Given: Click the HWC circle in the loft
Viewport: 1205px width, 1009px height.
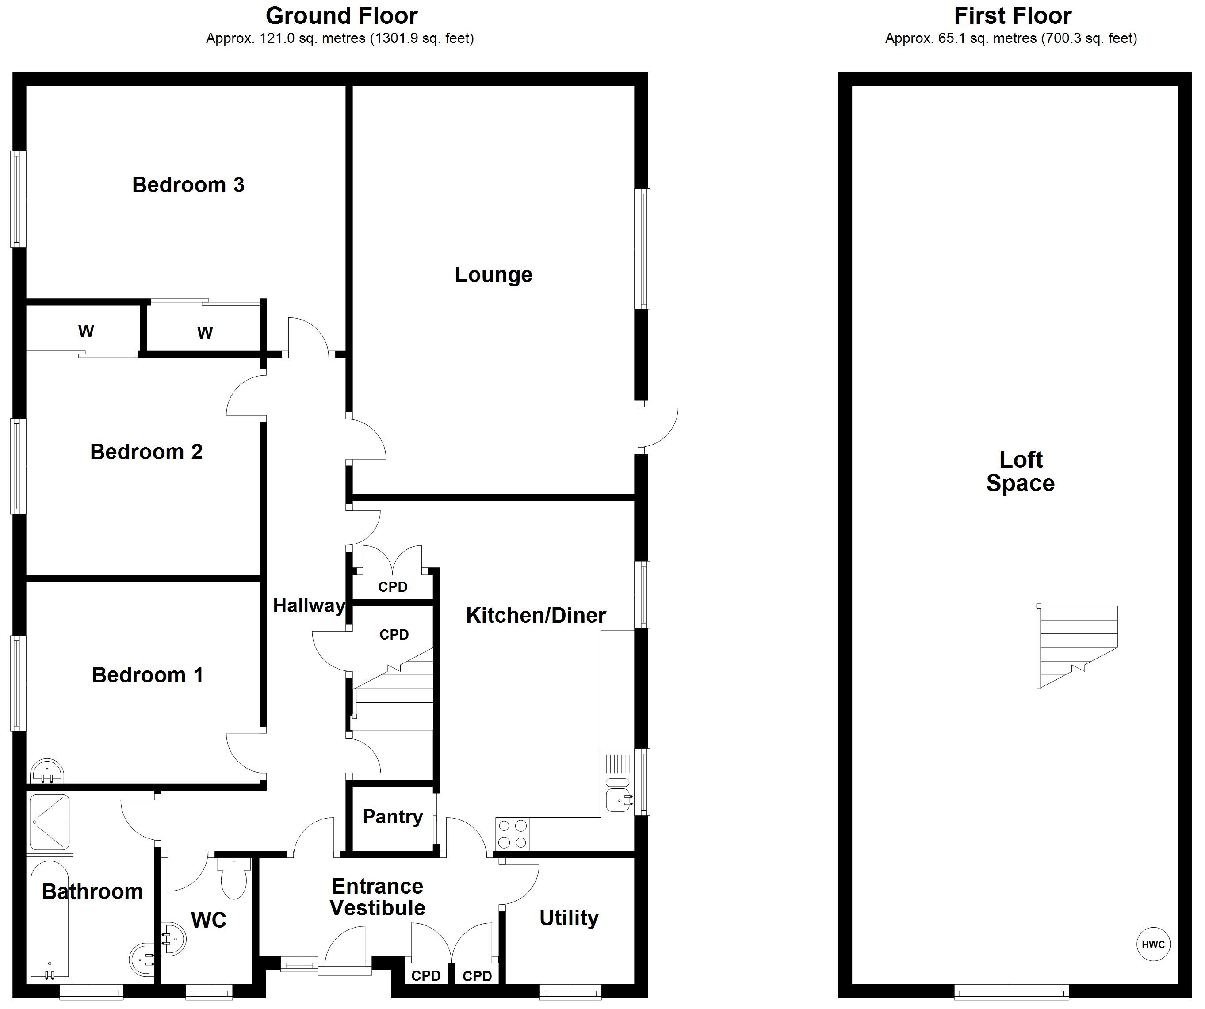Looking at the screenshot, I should coord(1153,944).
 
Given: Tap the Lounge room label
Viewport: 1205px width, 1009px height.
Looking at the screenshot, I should coord(493,275).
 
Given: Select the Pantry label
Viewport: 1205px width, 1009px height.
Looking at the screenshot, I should coord(393,816).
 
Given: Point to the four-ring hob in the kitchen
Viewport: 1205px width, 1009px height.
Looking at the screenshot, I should coord(513,834).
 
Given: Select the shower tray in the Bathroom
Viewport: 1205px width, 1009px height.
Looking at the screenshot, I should coord(50,822).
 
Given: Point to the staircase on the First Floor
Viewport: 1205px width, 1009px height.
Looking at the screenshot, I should coord(1077,647).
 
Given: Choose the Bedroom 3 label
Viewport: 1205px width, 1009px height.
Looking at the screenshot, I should coord(188,185).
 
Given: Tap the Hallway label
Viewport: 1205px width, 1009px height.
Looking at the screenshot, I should coord(309,605).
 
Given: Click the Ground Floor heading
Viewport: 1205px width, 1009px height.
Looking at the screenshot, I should coord(341,16).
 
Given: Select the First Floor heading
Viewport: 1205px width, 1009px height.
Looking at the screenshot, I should coord(1012,16).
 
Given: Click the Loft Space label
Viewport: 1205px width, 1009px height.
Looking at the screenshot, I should coord(1020,471).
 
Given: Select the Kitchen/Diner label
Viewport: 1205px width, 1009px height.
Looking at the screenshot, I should coord(536,616).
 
